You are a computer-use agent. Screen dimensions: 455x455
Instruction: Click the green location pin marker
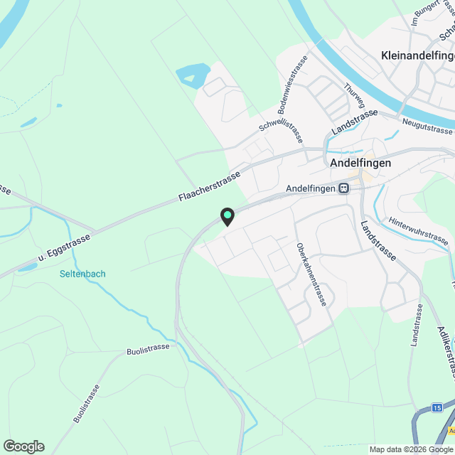pyautogui.click(x=227, y=215)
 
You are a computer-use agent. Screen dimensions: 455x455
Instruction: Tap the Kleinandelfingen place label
pyautogui.click(x=417, y=55)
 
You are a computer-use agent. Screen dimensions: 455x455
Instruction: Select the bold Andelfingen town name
pyautogui.click(x=361, y=162)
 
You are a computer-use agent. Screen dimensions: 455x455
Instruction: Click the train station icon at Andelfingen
pyautogui.click(x=344, y=188)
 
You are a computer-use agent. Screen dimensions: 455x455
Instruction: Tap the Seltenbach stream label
pyautogui.click(x=82, y=274)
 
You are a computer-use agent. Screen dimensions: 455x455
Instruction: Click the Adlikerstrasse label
pyautogui.click(x=446, y=351)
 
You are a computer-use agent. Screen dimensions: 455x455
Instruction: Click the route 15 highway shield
pyautogui.click(x=437, y=407)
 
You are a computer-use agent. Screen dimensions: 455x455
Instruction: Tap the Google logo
pyautogui.click(x=23, y=446)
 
